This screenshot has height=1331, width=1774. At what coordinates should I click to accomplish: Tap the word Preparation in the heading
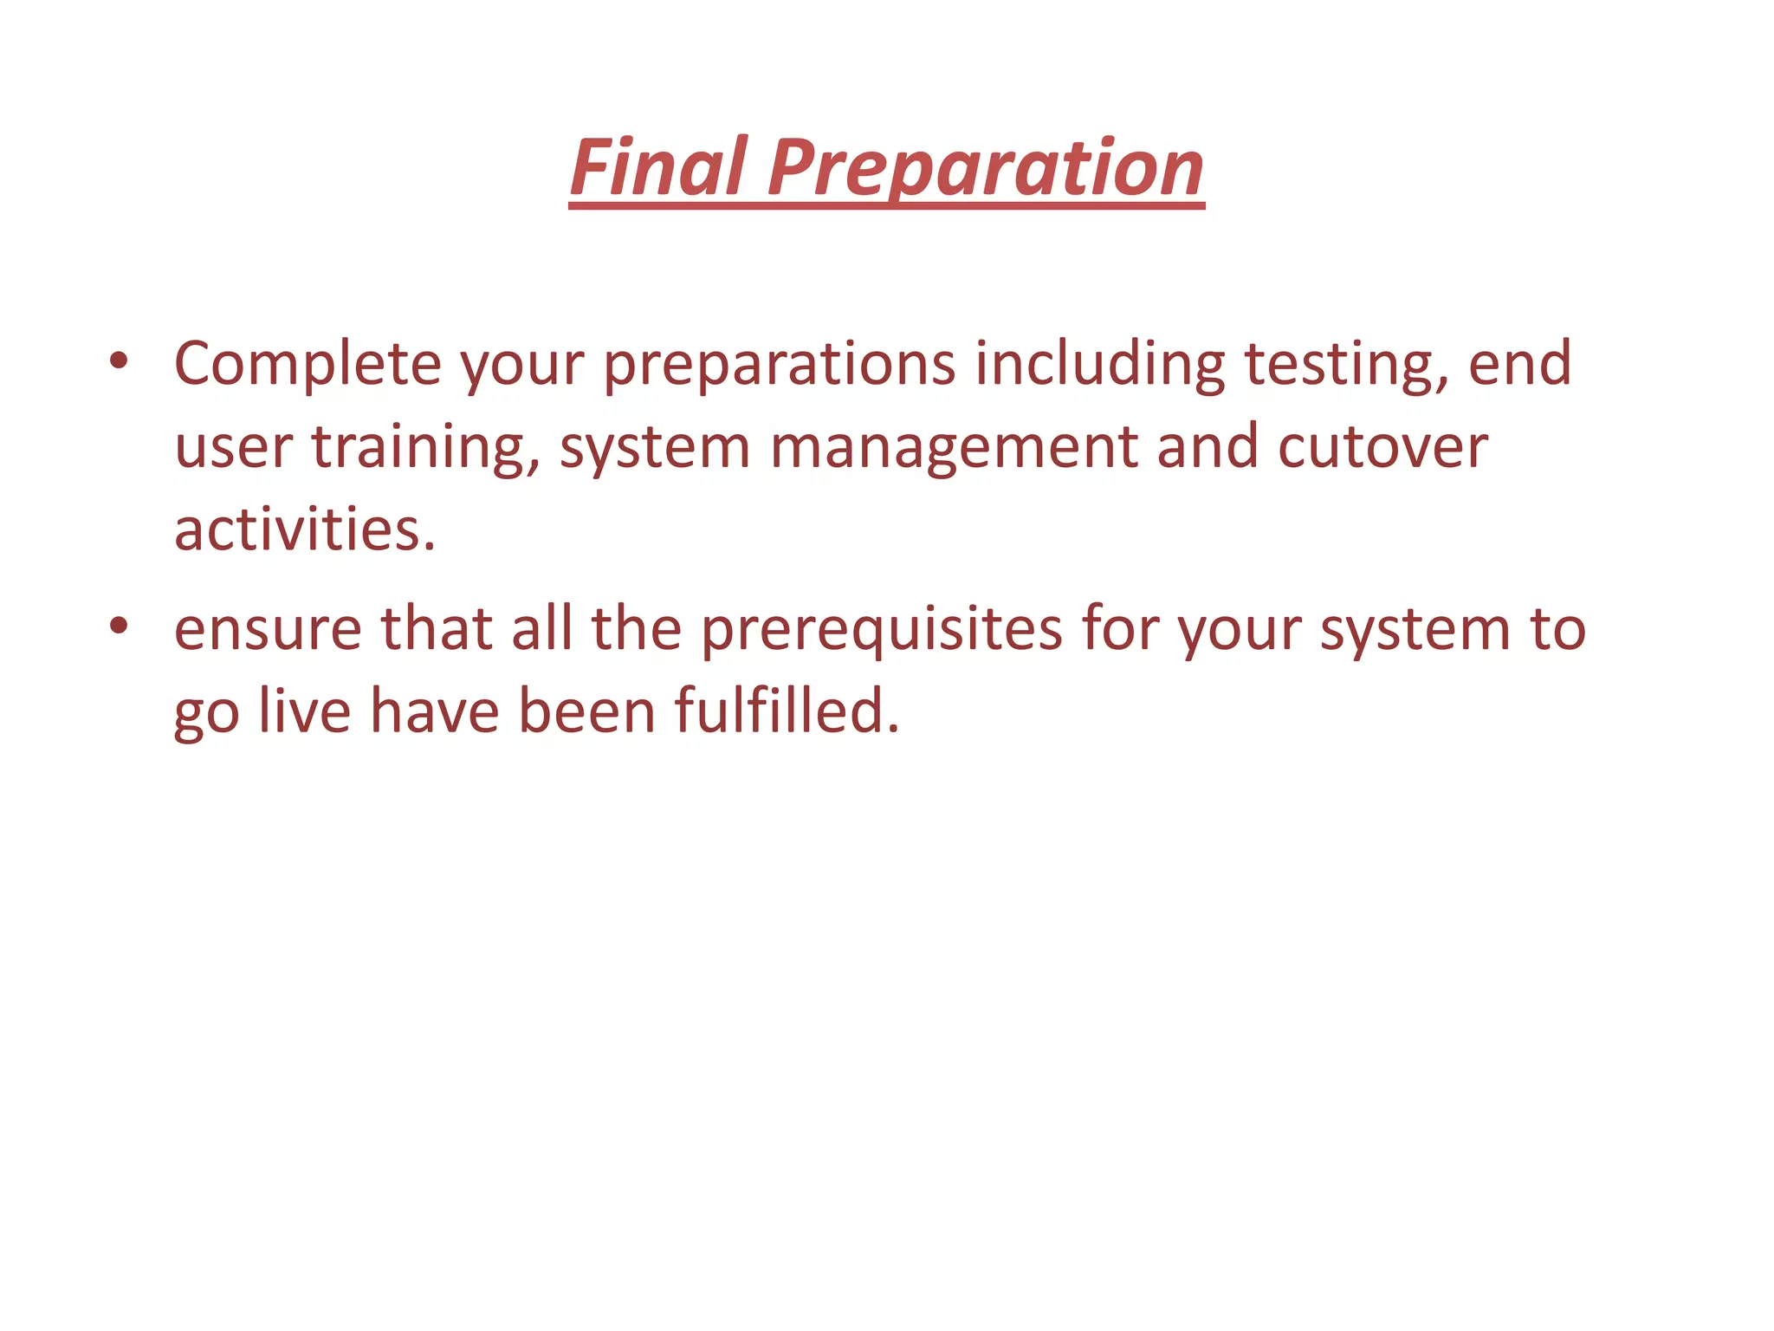985,168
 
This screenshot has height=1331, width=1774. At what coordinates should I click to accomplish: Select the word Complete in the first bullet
308,363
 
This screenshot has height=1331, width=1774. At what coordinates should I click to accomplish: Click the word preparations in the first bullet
779,365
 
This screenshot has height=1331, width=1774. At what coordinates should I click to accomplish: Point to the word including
1100,365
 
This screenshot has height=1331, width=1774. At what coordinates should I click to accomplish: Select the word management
954,448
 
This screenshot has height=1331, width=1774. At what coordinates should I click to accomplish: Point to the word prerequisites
881,630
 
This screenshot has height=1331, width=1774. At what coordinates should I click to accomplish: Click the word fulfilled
787,711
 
